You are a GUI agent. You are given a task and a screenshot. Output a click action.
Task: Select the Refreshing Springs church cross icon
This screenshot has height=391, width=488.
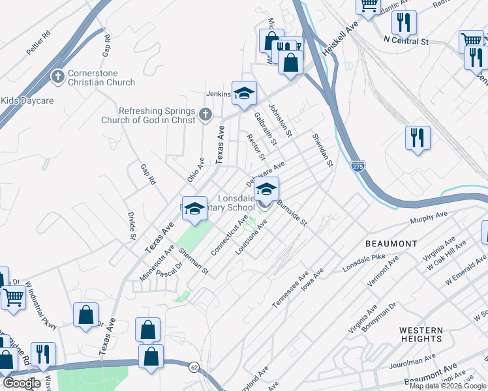[x=206, y=115]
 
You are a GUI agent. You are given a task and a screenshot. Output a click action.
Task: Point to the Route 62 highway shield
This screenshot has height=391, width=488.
[x=194, y=368]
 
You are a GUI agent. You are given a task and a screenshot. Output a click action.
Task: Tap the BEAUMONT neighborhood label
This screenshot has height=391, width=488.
[x=391, y=243]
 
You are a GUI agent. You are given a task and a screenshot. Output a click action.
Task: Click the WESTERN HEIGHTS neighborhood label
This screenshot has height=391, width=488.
[x=421, y=334]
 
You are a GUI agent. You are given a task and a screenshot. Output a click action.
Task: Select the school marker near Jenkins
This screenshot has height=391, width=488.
[x=244, y=93]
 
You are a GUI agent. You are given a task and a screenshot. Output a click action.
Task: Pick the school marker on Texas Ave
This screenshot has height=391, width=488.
[x=194, y=208]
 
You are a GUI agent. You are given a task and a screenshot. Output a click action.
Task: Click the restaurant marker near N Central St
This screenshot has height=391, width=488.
[x=404, y=23]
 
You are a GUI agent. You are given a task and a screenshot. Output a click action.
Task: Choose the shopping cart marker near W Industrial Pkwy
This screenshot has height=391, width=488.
[x=13, y=297]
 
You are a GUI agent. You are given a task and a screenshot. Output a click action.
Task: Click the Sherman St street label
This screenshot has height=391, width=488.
[x=193, y=261]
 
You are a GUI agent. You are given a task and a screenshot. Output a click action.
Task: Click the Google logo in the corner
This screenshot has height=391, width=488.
[x=22, y=383]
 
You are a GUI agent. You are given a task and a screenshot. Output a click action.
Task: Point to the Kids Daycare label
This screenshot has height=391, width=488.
[x=27, y=101]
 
